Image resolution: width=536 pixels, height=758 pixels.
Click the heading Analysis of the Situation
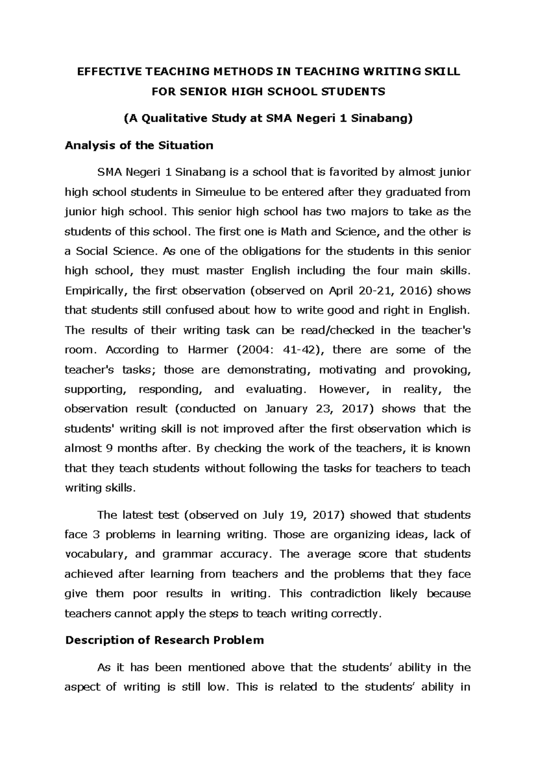[139, 146]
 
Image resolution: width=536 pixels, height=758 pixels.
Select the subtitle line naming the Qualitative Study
[268, 119]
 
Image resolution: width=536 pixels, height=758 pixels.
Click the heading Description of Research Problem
[164, 640]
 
